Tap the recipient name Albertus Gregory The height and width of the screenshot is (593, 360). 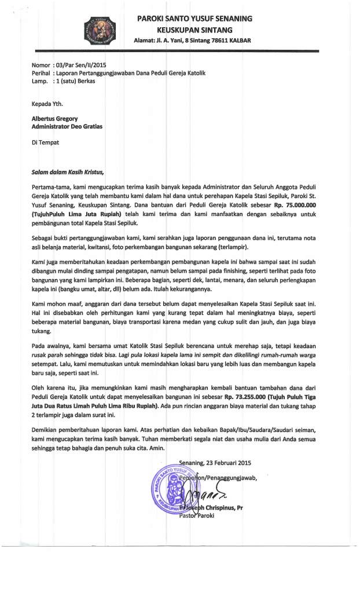click(55, 119)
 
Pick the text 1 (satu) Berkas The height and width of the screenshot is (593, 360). click(75, 82)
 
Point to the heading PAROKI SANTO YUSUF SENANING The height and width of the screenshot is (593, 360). click(194, 19)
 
